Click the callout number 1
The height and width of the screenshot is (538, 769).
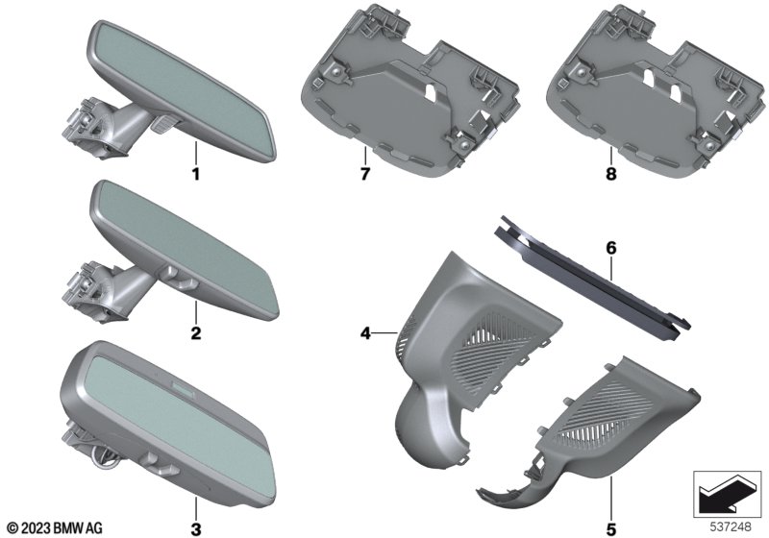click(196, 174)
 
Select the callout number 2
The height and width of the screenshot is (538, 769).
click(196, 333)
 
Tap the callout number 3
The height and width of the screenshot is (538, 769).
click(196, 529)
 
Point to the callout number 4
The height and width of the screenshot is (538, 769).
click(365, 333)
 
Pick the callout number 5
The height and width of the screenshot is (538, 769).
click(611, 529)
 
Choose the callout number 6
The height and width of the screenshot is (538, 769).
click(611, 248)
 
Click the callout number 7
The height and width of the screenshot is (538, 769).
click(364, 174)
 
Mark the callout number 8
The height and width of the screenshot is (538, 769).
click(611, 174)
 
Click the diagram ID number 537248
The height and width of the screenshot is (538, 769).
click(731, 527)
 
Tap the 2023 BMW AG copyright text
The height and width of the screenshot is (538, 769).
click(56, 528)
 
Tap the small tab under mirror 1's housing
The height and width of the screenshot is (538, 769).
click(161, 124)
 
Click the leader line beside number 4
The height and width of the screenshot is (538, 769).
click(385, 333)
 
